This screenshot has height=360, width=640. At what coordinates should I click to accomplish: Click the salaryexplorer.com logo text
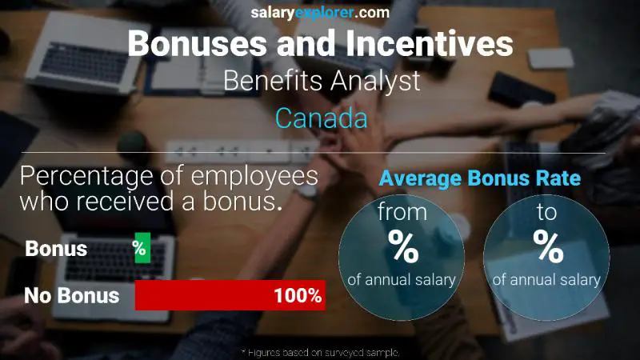[x=319, y=13]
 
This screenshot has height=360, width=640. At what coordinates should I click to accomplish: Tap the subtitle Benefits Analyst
[x=320, y=81]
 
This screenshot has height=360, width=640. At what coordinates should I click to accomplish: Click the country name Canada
[x=321, y=118]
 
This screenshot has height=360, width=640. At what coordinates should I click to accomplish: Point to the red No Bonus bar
[x=229, y=295]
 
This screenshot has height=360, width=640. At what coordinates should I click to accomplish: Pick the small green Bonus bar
[x=142, y=249]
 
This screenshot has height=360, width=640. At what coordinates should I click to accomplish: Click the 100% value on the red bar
[x=297, y=296]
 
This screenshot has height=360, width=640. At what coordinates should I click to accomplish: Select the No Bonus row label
[x=71, y=296]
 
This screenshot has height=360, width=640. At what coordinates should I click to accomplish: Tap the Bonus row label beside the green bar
[x=56, y=249]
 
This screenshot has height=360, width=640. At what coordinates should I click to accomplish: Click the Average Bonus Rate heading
[x=480, y=178]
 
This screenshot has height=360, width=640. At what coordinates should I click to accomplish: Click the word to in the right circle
[x=548, y=214]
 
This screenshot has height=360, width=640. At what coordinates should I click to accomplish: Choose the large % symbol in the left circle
[x=403, y=248]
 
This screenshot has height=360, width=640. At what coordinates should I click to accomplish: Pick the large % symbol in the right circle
[x=548, y=248]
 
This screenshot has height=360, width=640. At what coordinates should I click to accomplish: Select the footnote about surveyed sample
[x=320, y=352]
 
